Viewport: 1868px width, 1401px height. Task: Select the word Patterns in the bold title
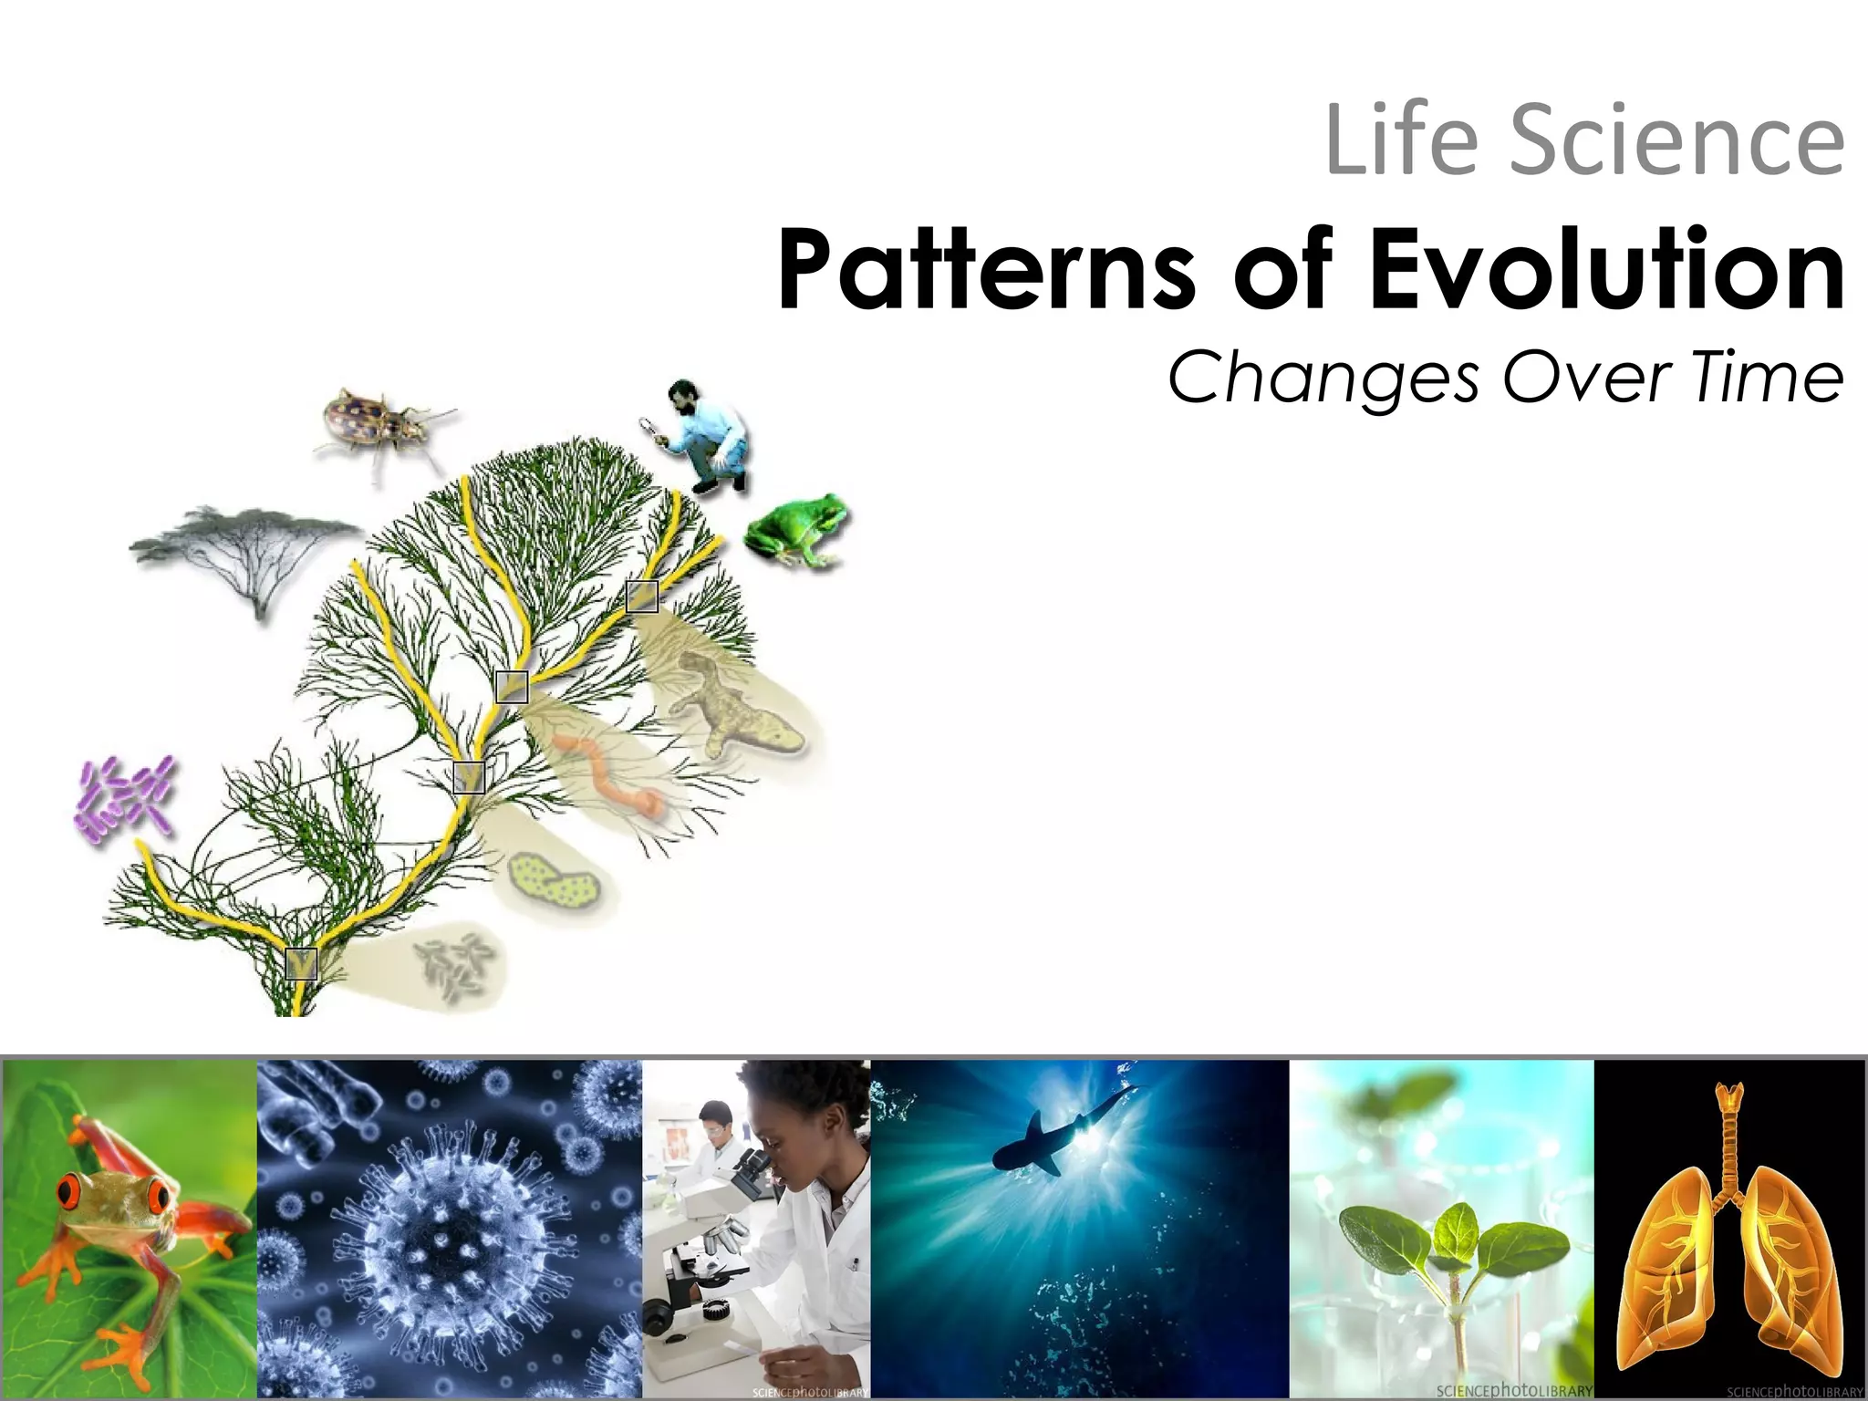point(985,270)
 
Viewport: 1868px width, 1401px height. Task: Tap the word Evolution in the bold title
point(1605,270)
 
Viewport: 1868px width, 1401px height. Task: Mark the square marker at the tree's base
point(301,964)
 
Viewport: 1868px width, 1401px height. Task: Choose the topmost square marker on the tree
point(642,596)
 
